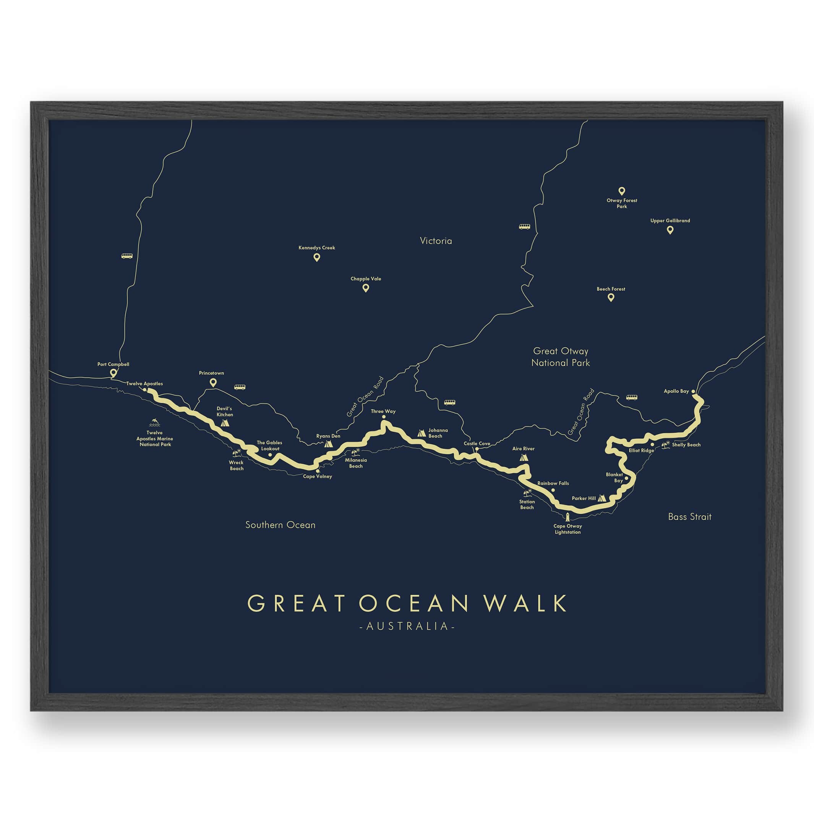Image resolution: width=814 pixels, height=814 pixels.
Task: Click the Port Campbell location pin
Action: (113, 373)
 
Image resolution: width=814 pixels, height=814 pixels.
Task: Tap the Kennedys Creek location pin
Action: (316, 258)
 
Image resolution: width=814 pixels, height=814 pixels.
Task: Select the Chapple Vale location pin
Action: (366, 288)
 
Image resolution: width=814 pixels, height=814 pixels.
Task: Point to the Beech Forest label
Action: (611, 289)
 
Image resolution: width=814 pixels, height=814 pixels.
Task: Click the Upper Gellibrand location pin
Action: (670, 230)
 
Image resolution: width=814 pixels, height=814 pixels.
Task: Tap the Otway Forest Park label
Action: (621, 203)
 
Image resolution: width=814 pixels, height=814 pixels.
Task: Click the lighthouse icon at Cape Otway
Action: (568, 517)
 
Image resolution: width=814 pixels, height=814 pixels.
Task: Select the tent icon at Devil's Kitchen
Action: (225, 423)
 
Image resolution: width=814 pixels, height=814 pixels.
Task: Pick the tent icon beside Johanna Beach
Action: (421, 433)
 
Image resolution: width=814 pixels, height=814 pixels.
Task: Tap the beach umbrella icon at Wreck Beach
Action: (236, 453)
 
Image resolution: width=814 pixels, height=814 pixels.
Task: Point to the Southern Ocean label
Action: (280, 525)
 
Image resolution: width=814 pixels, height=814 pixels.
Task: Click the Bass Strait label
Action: (690, 517)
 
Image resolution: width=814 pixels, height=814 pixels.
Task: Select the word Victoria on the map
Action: (436, 241)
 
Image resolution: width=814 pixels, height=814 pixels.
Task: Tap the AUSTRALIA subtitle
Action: (407, 626)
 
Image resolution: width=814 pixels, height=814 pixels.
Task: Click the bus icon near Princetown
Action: (240, 387)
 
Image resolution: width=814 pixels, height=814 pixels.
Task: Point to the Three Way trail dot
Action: (383, 417)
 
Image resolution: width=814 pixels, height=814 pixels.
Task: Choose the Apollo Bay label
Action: (676, 391)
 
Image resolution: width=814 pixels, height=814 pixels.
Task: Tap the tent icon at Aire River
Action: (524, 457)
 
